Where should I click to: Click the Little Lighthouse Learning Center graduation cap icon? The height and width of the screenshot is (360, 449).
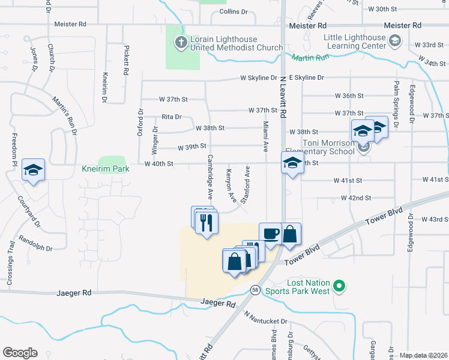tap(395, 41)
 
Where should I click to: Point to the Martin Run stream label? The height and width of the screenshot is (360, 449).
tap(312, 58)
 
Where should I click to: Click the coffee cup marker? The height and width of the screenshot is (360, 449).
tap(270, 234)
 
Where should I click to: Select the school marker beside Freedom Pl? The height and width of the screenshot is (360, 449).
tap(34, 169)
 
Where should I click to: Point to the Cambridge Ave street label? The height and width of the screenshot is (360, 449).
tap(211, 177)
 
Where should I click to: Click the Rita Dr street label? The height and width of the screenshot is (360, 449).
tap(172, 118)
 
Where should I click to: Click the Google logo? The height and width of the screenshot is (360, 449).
tap(20, 353)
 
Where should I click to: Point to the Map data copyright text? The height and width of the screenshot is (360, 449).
tap(423, 355)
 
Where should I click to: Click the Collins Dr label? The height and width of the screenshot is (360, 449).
tap(234, 11)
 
